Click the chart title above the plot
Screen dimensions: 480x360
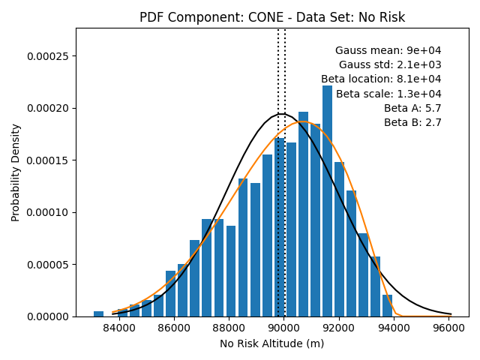[272, 17]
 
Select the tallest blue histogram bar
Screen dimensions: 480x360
[327, 201]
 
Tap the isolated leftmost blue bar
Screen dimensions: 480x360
[98, 313]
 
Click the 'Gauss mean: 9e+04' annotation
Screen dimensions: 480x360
[388, 50]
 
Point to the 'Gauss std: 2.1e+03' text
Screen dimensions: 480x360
[390, 64]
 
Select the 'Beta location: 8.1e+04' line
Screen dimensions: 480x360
[381, 79]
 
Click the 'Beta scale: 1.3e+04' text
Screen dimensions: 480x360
[388, 94]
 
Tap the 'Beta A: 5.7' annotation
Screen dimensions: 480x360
[412, 108]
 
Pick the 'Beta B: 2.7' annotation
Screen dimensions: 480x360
[412, 122]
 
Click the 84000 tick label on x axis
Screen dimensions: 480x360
[119, 328]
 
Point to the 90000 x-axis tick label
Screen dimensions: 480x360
[283, 328]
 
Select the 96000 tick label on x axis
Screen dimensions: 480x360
[448, 328]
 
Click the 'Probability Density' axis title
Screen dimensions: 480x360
[15, 172]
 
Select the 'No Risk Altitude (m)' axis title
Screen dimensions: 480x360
[271, 343]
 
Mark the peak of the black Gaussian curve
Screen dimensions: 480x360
[281, 114]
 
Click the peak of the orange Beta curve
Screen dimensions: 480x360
[303, 121]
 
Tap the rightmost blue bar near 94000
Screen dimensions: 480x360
[387, 306]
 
